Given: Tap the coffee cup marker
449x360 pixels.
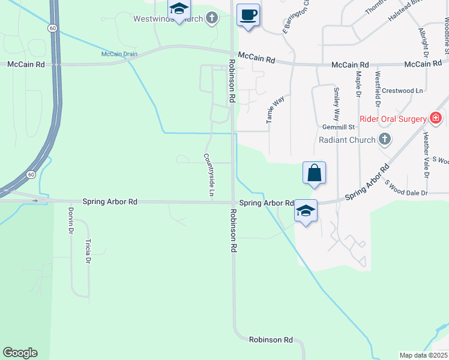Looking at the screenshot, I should [247, 15].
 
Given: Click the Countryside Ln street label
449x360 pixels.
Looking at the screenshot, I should [208, 175].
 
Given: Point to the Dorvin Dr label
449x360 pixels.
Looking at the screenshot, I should [71, 220].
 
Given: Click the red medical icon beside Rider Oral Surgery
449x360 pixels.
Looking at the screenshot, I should [436, 119].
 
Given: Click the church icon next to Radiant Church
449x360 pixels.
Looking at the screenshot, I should [385, 140].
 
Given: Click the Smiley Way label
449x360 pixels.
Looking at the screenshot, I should [336, 103].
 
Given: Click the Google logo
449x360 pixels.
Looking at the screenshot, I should [20, 353].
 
